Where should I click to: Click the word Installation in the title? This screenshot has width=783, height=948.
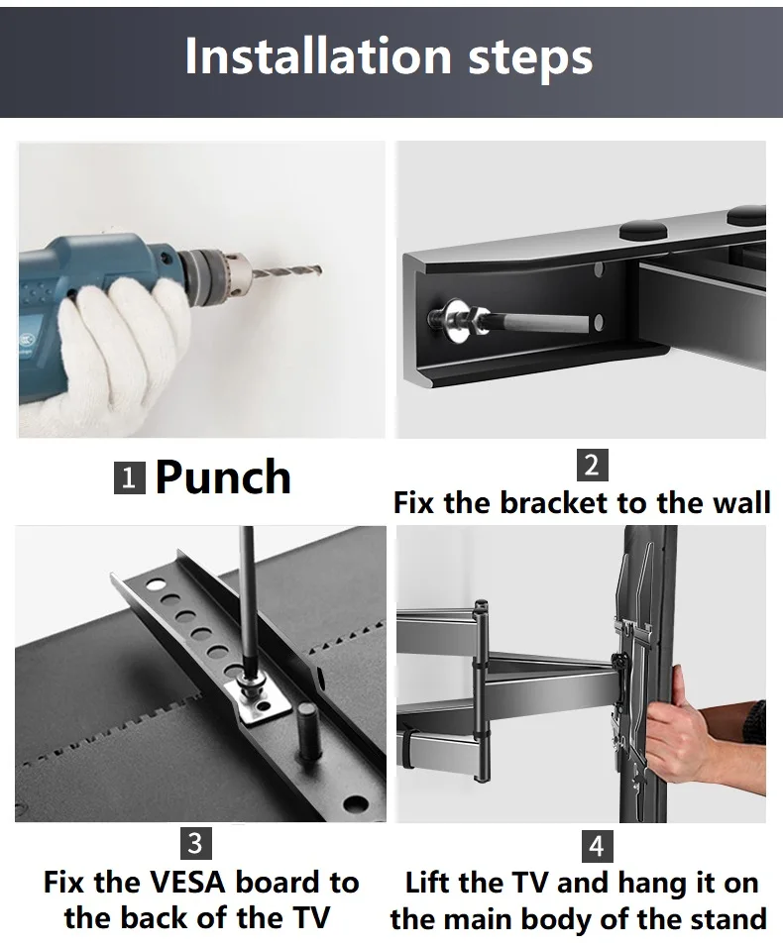[x=318, y=55]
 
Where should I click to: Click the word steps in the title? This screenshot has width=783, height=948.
[x=530, y=59]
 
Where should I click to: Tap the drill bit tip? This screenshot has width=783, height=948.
[x=320, y=270]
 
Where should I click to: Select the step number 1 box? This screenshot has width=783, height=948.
[x=129, y=478]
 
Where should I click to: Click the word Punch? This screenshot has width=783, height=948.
[x=223, y=477]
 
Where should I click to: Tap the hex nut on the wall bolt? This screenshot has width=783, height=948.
[x=481, y=320]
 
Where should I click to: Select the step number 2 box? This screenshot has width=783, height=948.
[x=593, y=465]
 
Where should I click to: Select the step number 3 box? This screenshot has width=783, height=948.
[x=195, y=843]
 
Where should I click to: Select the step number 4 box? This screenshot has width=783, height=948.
[x=596, y=846]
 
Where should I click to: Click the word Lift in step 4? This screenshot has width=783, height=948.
[x=425, y=884]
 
